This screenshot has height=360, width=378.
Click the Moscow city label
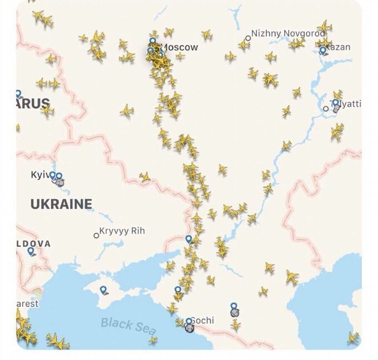(179, 47)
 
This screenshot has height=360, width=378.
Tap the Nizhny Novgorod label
(288, 33)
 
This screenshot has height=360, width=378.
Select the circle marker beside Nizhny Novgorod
(248, 38)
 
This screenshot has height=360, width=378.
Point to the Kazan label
(340, 47)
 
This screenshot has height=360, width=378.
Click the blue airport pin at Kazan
(323, 51)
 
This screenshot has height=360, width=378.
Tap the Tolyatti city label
(347, 104)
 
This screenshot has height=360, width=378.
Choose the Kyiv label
(40, 175)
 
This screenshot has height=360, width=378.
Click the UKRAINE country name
(61, 204)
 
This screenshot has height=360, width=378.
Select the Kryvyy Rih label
(122, 231)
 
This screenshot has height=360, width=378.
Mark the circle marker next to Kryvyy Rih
(96, 235)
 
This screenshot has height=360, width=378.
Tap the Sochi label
(202, 321)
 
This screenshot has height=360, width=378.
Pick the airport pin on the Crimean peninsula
(103, 290)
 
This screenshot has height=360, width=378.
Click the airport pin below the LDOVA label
(31, 251)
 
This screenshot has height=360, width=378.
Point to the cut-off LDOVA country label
(33, 243)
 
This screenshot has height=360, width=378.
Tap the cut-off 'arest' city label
(27, 304)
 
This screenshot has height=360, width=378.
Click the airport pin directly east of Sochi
(234, 307)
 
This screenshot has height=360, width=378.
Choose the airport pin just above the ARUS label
(18, 94)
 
